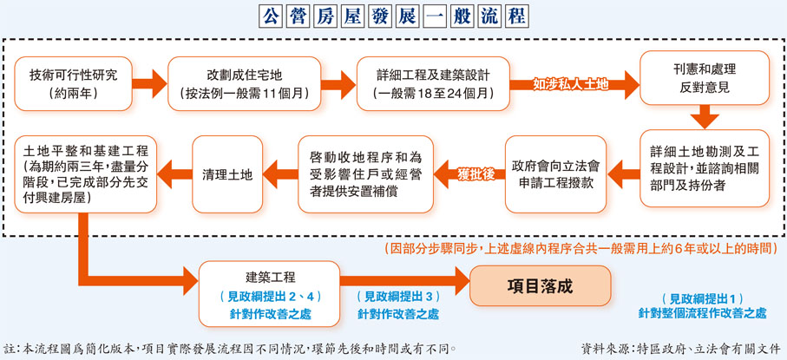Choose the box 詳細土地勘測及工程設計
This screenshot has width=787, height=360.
(x=704, y=167)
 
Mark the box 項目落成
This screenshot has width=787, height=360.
(x=540, y=285)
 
